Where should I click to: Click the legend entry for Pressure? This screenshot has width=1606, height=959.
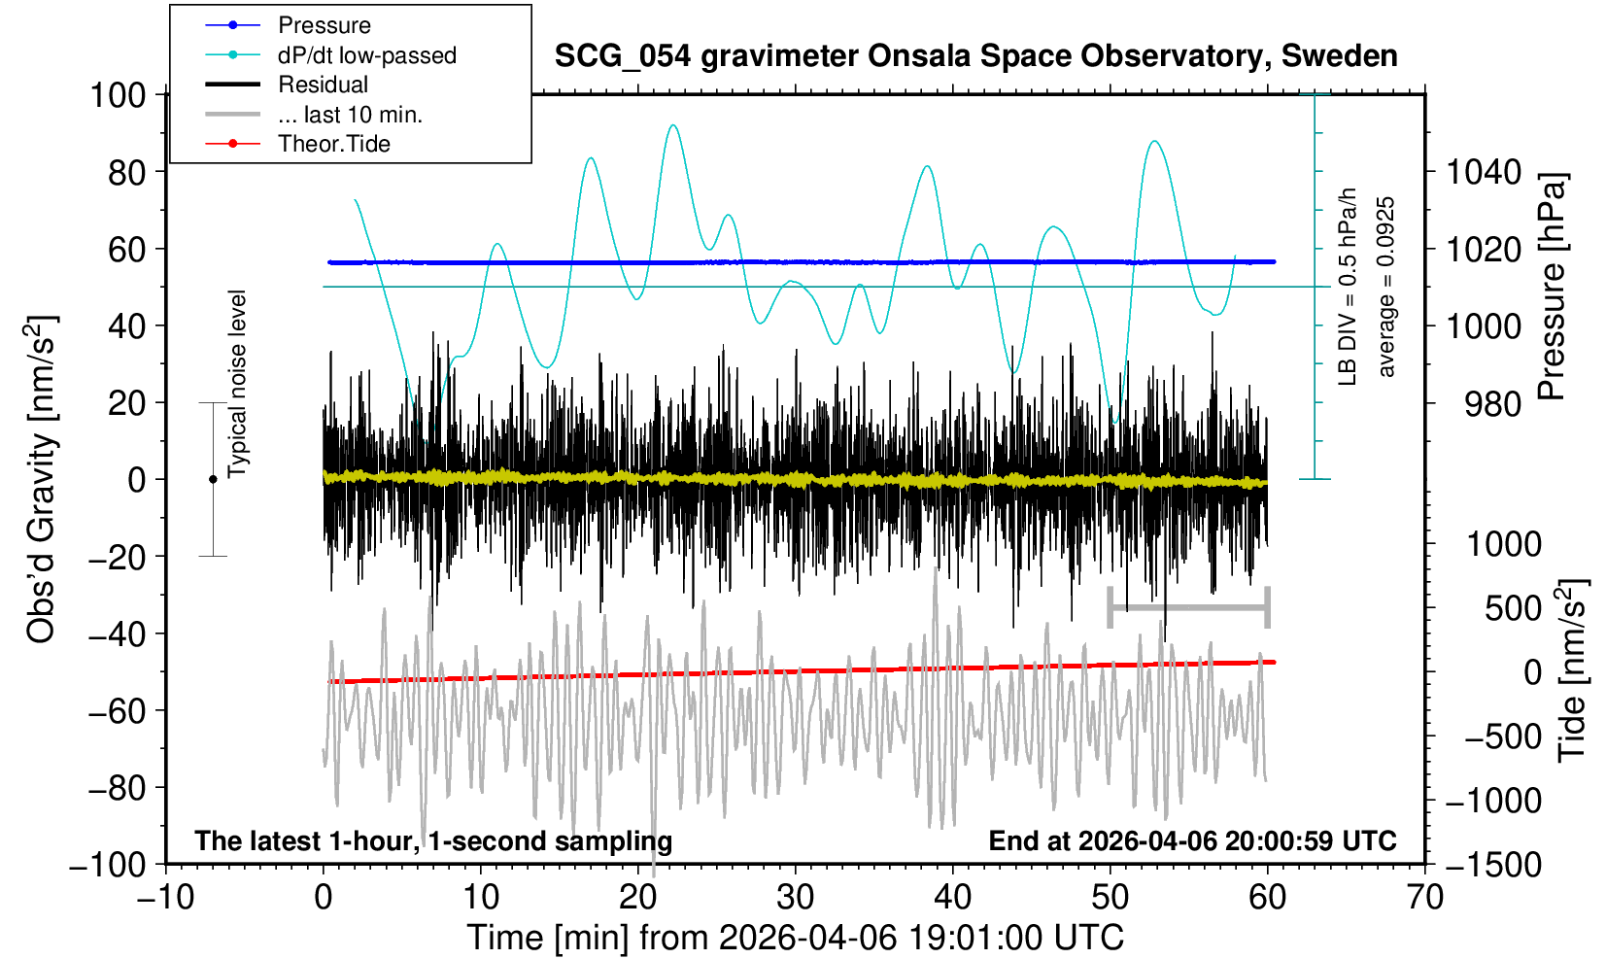[324, 25]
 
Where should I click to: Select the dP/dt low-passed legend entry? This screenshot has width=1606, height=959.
[366, 55]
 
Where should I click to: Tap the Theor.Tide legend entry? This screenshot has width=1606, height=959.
[333, 144]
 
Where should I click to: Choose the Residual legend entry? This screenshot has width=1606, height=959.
[323, 85]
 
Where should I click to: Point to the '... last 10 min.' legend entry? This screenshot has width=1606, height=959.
[350, 115]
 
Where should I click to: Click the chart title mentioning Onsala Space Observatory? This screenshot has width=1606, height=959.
[975, 56]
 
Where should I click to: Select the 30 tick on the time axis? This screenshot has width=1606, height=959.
[795, 896]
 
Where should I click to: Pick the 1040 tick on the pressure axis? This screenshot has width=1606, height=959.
[1484, 173]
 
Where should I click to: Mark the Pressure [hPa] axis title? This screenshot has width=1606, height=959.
[1553, 287]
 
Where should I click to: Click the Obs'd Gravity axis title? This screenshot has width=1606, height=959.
[41, 479]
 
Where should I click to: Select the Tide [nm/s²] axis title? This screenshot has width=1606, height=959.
[1572, 670]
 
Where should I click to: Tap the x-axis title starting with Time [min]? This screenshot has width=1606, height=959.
[795, 938]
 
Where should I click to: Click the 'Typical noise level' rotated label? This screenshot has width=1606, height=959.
[237, 384]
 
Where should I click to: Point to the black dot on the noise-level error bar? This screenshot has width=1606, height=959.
[213, 479]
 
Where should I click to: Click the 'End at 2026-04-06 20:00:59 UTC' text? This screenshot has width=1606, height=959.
[1192, 840]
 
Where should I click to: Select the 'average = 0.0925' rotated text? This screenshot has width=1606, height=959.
[1386, 287]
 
